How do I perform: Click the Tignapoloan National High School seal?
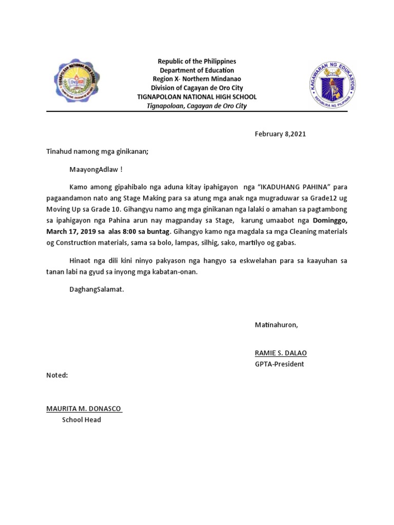coord(76,83)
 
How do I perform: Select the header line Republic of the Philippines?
coord(196,62)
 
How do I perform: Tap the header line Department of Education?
coord(196,70)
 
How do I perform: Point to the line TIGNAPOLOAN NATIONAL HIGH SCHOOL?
coord(196,97)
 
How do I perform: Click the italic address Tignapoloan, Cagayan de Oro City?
coord(196,106)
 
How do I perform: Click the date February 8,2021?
coord(280,134)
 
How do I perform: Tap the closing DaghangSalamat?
coord(96,289)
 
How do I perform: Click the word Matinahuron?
coord(276,325)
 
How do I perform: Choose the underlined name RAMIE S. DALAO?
coord(281,353)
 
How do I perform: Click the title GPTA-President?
coord(279,364)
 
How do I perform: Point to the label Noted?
coord(57,375)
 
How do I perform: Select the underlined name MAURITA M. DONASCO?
coord(84,409)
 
